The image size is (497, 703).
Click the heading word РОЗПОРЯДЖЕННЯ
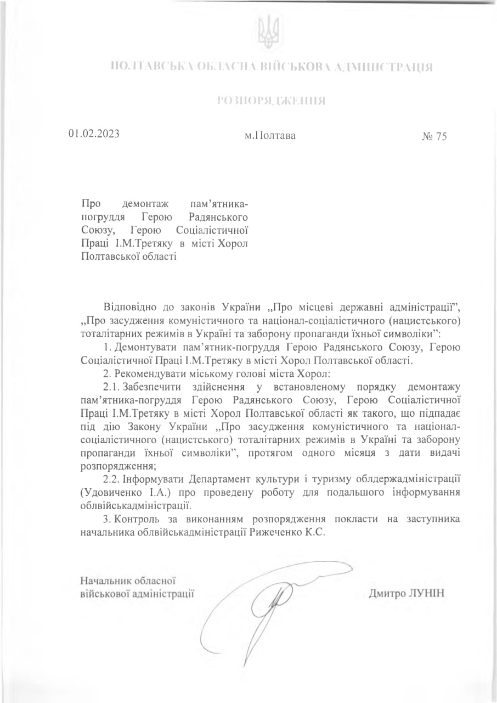click(271, 101)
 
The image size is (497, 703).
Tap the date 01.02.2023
click(94, 134)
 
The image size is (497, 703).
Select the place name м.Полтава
click(270, 135)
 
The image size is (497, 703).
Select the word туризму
click(344, 478)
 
